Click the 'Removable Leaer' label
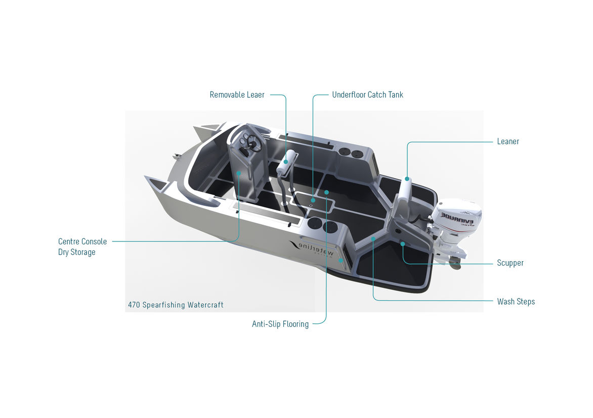(x=237, y=95)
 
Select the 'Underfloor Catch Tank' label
(x=368, y=95)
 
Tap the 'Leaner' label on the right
(x=508, y=142)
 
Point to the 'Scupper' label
(x=510, y=263)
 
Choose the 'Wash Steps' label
(x=516, y=302)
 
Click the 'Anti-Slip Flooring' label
(x=280, y=324)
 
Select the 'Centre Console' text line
(x=82, y=241)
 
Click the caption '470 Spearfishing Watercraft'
(x=176, y=305)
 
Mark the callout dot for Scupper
(x=403, y=244)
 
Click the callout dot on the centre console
(x=239, y=173)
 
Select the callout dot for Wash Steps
(x=373, y=239)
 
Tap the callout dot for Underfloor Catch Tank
(x=313, y=200)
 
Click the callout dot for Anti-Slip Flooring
(x=326, y=192)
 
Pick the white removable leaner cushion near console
(x=287, y=162)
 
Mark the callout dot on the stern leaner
(x=407, y=179)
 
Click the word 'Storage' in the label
(x=83, y=253)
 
